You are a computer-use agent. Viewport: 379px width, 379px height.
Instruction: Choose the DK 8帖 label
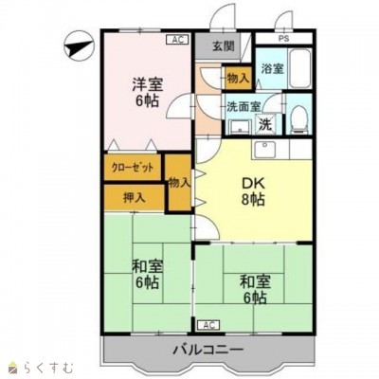click(x=251, y=192)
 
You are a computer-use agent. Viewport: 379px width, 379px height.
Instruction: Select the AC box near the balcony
click(x=208, y=325)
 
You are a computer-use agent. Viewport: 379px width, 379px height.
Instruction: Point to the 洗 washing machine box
click(x=265, y=123)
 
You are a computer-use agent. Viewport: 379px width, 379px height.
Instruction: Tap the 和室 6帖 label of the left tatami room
click(x=146, y=273)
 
